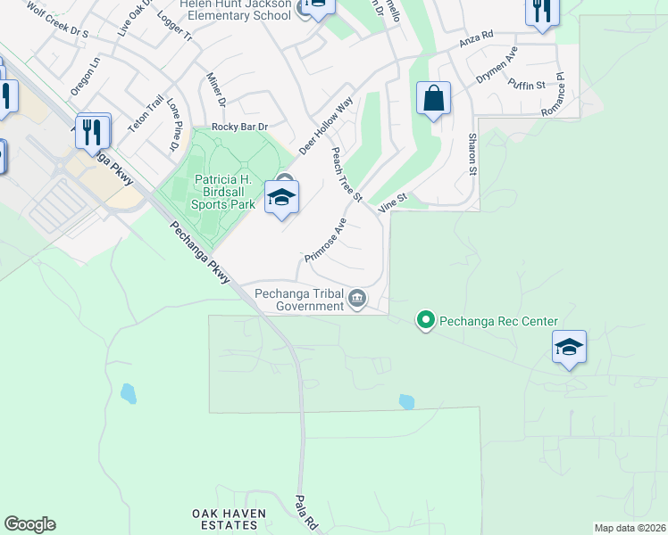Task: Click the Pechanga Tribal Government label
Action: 299,299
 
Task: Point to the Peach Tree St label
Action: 347,175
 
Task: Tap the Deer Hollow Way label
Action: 327,126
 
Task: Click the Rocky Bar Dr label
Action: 239,128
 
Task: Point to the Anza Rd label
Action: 476,38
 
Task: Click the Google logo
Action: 29,524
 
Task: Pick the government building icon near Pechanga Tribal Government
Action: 357,298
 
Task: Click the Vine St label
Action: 393,204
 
